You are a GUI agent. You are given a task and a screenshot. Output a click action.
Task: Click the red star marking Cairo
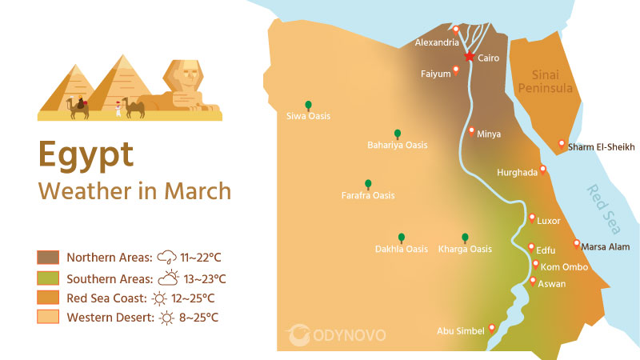(x=469, y=57)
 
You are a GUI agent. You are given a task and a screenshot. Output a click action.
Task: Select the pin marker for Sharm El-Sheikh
(x=562, y=144)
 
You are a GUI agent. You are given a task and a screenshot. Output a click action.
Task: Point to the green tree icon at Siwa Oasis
(x=308, y=105)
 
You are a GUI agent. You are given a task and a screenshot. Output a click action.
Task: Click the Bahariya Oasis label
(x=397, y=146)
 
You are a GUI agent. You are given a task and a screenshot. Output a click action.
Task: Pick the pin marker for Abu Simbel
(x=491, y=327)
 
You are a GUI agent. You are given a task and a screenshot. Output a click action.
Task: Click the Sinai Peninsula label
(x=546, y=81)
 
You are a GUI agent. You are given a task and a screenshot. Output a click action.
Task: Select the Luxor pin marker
(x=531, y=218)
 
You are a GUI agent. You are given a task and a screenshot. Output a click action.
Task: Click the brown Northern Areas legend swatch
(x=48, y=258)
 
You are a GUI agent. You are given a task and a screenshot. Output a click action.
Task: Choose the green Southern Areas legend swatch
(x=48, y=278)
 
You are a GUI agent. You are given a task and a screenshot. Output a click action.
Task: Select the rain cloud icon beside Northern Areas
(x=167, y=258)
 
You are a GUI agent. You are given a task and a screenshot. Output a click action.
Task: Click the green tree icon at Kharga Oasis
(x=465, y=238)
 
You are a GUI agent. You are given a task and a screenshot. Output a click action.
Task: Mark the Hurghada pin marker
(x=543, y=169)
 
